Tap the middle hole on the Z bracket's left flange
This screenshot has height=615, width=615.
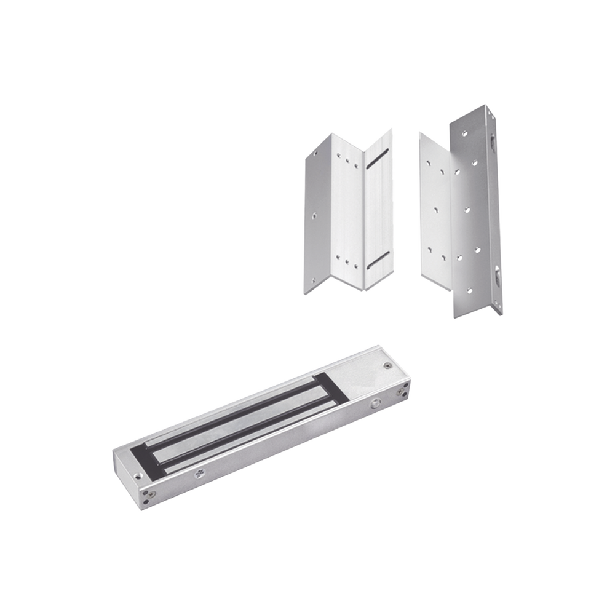coord(314,216)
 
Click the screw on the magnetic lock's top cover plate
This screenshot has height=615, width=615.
coord(386,367)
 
